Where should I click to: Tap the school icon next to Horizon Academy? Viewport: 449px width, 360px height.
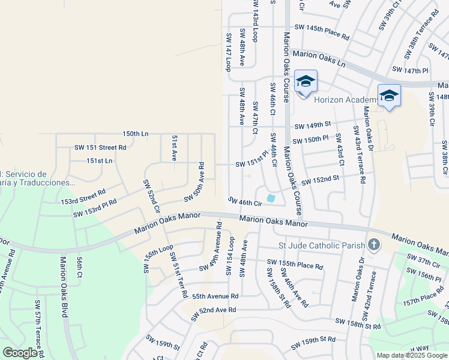click(x=306, y=82)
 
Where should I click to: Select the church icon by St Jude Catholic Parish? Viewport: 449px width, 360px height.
click(x=374, y=244)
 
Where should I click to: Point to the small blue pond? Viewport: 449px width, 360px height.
click(x=271, y=198)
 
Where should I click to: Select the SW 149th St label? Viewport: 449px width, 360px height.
click(x=312, y=125)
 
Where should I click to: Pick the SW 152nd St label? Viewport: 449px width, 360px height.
click(x=320, y=179)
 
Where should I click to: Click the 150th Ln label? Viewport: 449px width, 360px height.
click(x=135, y=133)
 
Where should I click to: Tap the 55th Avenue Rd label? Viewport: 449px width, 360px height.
click(x=215, y=296)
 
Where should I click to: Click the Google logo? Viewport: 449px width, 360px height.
click(x=20, y=353)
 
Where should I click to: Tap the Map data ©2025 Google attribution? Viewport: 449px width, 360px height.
click(x=412, y=355)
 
